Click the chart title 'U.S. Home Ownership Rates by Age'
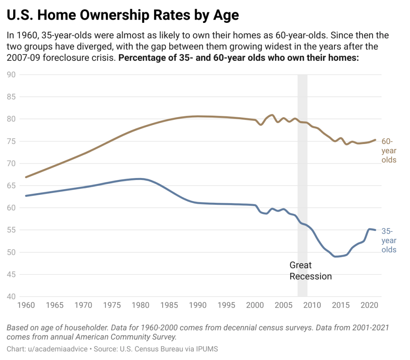pyautogui.click(x=123, y=15)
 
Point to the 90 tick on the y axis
pyautogui.click(x=11, y=74)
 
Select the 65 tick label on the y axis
pyautogui.click(x=11, y=186)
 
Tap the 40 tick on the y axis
pyautogui.click(x=11, y=297)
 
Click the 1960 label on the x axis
pyautogui.click(x=26, y=306)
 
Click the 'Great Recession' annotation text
pyautogui.click(x=310, y=271)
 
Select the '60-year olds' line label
pyautogui.click(x=388, y=151)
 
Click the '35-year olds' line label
pyautogui.click(x=388, y=240)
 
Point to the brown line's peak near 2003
pyautogui.click(x=272, y=115)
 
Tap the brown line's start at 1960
pyautogui.click(x=26, y=177)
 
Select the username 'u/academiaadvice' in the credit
pyautogui.click(x=57, y=349)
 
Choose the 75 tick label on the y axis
pyautogui.click(x=11, y=141)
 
